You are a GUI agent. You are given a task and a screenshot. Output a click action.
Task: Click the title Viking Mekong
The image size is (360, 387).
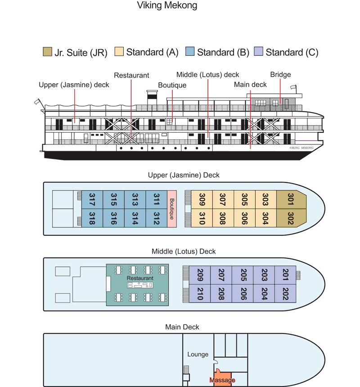pyautogui.click(x=166, y=6)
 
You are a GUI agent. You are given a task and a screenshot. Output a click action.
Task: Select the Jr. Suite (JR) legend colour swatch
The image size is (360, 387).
pyautogui.click(x=47, y=52)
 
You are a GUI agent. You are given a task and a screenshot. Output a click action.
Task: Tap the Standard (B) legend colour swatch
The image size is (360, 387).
pyautogui.click(x=189, y=52)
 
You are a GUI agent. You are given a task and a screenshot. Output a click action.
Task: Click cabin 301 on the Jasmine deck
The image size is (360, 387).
pyautogui.click(x=290, y=199)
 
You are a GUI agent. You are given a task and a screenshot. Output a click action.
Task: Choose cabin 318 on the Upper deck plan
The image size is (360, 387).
pyautogui.click(x=92, y=218)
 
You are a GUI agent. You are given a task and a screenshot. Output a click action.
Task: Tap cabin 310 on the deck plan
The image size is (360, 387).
pyautogui.click(x=202, y=218)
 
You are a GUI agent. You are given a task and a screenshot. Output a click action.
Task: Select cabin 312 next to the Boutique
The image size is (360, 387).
pyautogui.click(x=156, y=218)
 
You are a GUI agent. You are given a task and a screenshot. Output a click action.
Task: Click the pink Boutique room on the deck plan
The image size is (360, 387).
pyautogui.click(x=171, y=209)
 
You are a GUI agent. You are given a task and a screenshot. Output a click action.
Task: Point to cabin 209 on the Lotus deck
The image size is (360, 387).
pyautogui.click(x=200, y=274)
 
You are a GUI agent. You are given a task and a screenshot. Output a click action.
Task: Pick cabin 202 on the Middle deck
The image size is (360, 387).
pyautogui.click(x=285, y=294)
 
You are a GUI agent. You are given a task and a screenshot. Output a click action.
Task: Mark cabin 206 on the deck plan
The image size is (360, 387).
pyautogui.click(x=243, y=294)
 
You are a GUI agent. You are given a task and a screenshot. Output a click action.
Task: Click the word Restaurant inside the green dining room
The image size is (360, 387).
pyautogui.click(x=140, y=278)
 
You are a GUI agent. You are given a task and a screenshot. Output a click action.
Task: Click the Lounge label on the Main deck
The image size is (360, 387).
pyautogui.click(x=198, y=354)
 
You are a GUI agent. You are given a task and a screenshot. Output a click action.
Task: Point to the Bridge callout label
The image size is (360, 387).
pyautogui.click(x=280, y=75)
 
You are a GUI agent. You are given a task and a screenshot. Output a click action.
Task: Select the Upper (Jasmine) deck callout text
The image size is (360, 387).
pyautogui.click(x=74, y=85)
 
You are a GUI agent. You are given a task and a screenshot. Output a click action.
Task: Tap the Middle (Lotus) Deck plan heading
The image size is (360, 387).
pyautogui.click(x=183, y=251)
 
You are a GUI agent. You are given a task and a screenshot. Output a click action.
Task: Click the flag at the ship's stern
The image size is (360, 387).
pyautogui.click(x=37, y=103)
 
